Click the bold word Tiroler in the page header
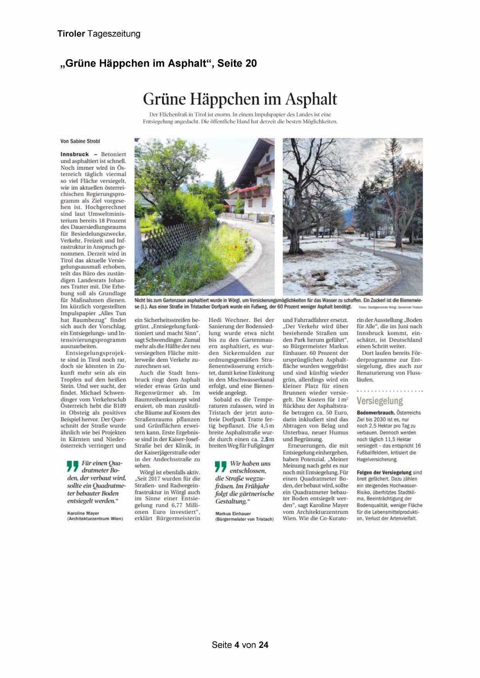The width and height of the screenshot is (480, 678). point(71,34)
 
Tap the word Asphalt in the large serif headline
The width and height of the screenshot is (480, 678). point(311,99)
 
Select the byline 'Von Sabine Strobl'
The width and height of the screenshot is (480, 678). point(80,141)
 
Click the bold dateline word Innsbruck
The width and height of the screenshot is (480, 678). point(75,154)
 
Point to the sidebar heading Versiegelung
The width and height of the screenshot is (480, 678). point(379,401)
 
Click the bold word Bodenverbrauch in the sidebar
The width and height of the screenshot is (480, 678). point(375,413)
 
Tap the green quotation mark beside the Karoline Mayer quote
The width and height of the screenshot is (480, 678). point(72,466)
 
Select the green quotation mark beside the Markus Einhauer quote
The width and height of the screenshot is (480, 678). point(220,467)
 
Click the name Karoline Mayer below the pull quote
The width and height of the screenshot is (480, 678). point(83,513)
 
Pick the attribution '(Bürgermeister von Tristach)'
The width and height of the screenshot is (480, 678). point(244,519)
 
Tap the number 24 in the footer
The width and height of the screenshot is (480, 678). point(263,645)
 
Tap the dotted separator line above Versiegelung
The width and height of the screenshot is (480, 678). point(389,391)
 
